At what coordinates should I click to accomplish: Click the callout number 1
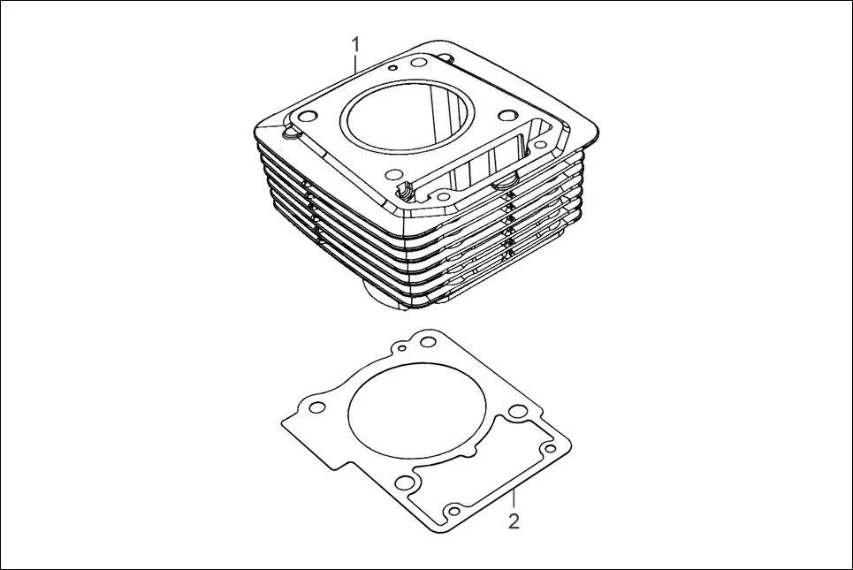tap(355, 42)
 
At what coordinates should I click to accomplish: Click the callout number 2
tap(514, 521)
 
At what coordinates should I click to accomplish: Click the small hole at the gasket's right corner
tap(549, 449)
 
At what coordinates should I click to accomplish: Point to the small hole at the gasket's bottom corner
tap(453, 512)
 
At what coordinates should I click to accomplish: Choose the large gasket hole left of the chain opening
tap(405, 482)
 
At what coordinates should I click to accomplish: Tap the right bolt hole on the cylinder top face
tap(507, 115)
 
